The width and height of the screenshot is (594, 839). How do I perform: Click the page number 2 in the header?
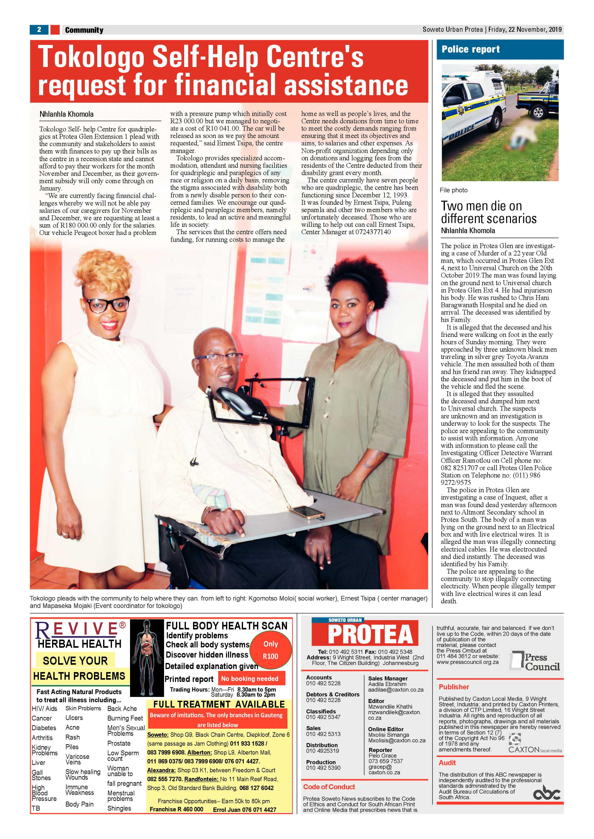(x=39, y=30)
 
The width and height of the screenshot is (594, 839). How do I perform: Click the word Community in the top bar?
(x=84, y=30)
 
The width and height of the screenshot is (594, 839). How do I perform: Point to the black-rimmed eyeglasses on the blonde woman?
(x=106, y=304)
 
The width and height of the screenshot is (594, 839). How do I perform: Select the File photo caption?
(x=454, y=190)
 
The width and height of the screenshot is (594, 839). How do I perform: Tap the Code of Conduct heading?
(x=329, y=787)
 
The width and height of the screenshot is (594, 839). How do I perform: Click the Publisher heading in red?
(x=454, y=687)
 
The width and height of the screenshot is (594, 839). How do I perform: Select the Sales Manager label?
(x=388, y=678)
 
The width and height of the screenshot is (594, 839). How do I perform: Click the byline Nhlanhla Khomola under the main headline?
(x=67, y=114)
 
